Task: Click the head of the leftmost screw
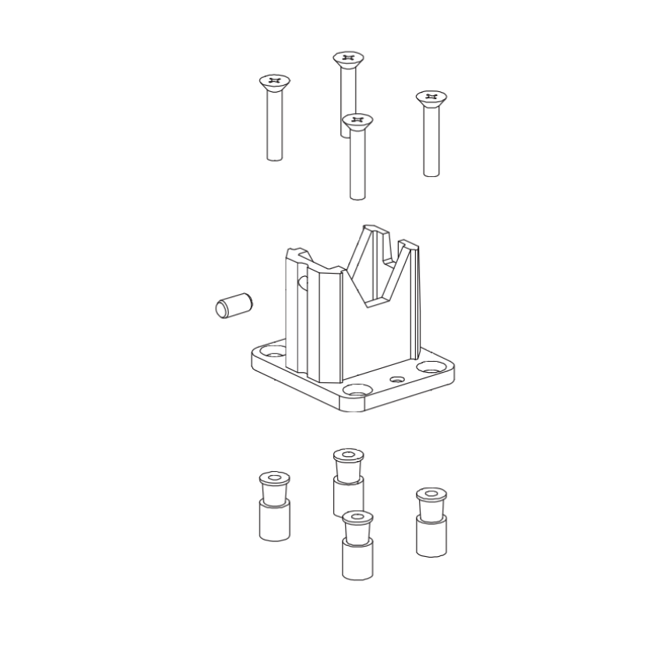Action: [274, 80]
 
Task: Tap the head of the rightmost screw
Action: [431, 97]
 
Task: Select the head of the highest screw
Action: [348, 58]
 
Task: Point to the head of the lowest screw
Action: [357, 120]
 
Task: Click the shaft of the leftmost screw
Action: [274, 125]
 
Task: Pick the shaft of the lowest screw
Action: [357, 164]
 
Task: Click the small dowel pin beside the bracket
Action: [233, 305]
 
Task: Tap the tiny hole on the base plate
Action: [398, 380]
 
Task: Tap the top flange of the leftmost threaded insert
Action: [274, 477]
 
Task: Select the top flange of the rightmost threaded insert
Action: [431, 494]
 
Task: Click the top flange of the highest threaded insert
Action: [348, 455]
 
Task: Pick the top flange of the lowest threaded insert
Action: [357, 518]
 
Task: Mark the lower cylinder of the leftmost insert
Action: [274, 521]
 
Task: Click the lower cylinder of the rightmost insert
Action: [431, 537]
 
